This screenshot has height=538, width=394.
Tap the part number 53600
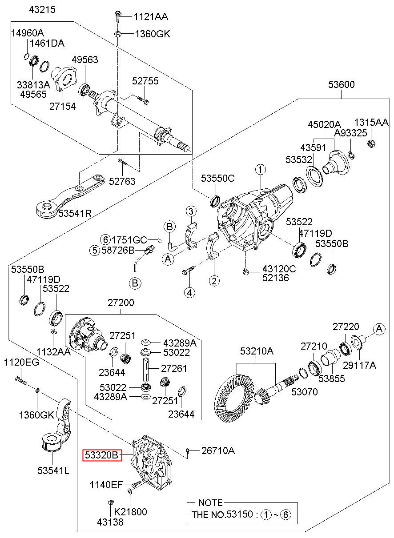click(x=342, y=85)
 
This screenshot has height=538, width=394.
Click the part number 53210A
click(x=257, y=351)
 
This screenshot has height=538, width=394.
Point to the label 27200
click(x=121, y=303)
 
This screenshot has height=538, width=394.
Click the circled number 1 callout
click(x=260, y=169)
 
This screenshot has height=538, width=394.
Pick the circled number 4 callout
click(x=190, y=292)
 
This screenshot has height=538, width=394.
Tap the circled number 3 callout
click(x=190, y=211)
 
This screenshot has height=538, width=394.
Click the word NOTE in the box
click(x=210, y=503)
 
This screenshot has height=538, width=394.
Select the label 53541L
click(x=53, y=471)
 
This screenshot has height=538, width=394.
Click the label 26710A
click(x=218, y=451)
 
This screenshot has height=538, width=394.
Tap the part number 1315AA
click(x=371, y=122)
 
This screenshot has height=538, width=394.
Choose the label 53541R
click(x=75, y=213)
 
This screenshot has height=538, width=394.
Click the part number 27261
click(x=174, y=368)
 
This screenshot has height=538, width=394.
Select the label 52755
click(x=145, y=81)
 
